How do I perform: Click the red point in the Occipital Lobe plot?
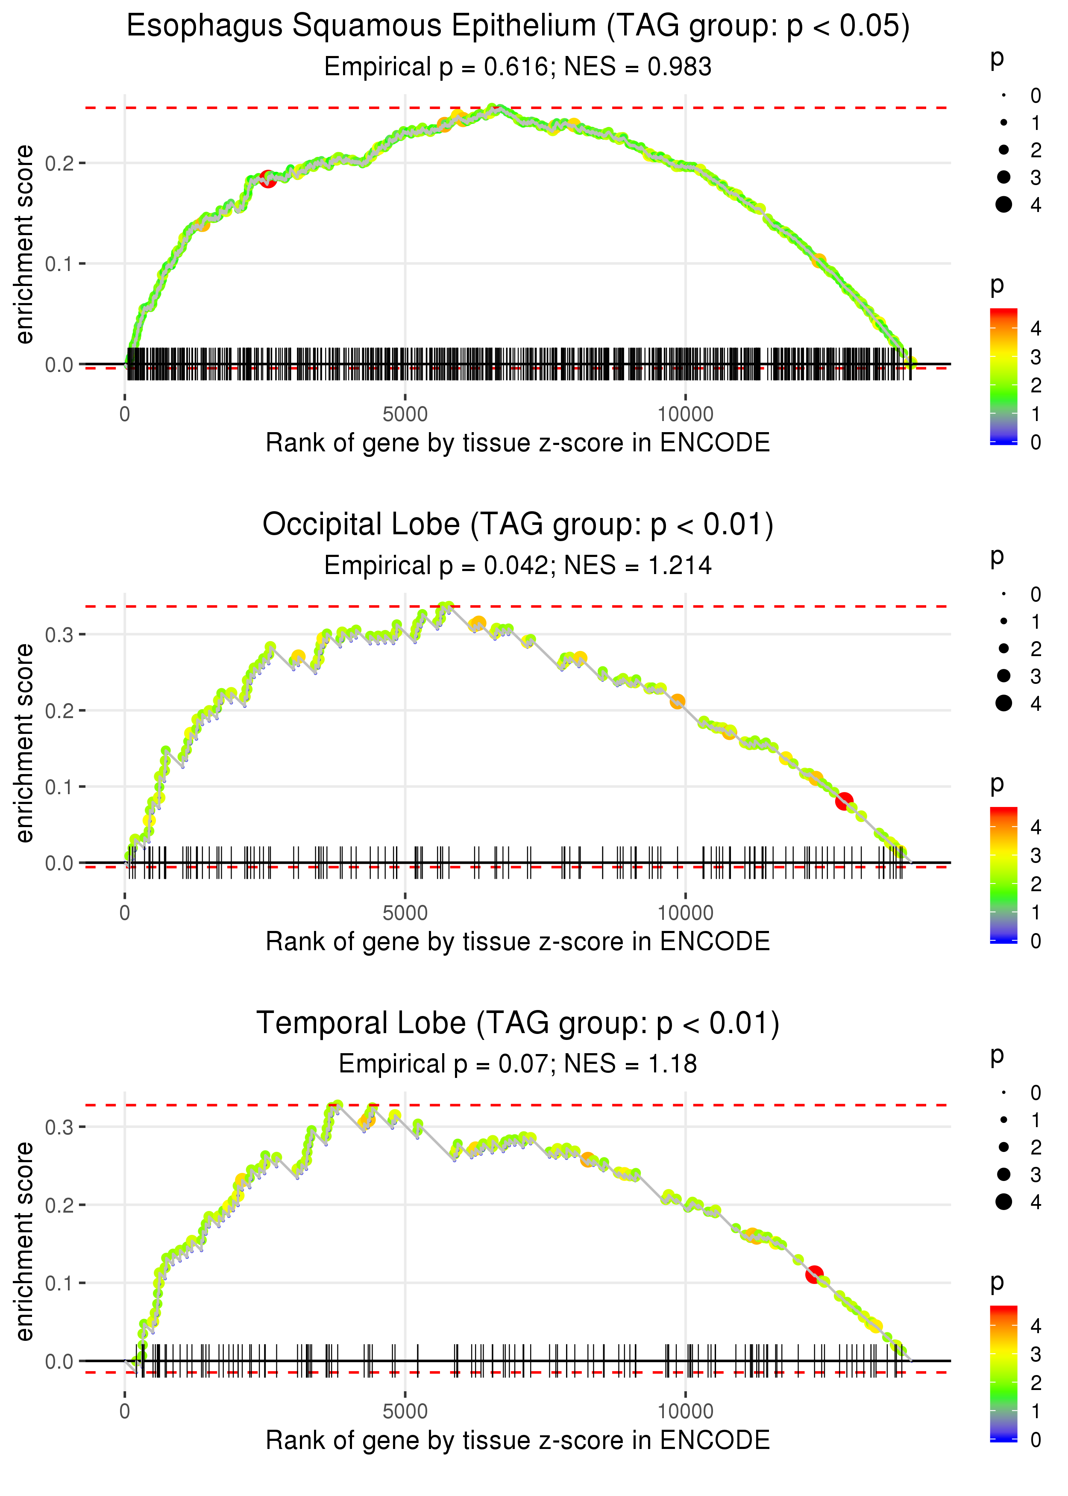click(x=845, y=801)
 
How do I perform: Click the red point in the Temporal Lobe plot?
click(x=815, y=1274)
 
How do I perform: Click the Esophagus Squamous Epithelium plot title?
click(x=518, y=27)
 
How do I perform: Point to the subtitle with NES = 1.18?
click(x=518, y=1064)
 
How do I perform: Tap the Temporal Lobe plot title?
click(x=518, y=1024)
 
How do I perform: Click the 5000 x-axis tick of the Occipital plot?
click(x=405, y=913)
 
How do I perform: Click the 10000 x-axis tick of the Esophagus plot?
click(x=685, y=415)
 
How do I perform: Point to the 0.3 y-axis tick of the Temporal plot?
click(x=59, y=1127)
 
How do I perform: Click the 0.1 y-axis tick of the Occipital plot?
click(x=59, y=787)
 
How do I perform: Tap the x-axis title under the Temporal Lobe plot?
click(x=518, y=1440)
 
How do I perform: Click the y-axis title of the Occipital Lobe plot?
click(x=24, y=743)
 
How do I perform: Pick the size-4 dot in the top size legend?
click(x=1003, y=205)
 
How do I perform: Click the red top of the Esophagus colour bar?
click(x=1003, y=315)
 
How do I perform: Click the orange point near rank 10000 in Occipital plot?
click(x=678, y=702)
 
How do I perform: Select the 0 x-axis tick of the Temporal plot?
click(x=125, y=1411)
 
